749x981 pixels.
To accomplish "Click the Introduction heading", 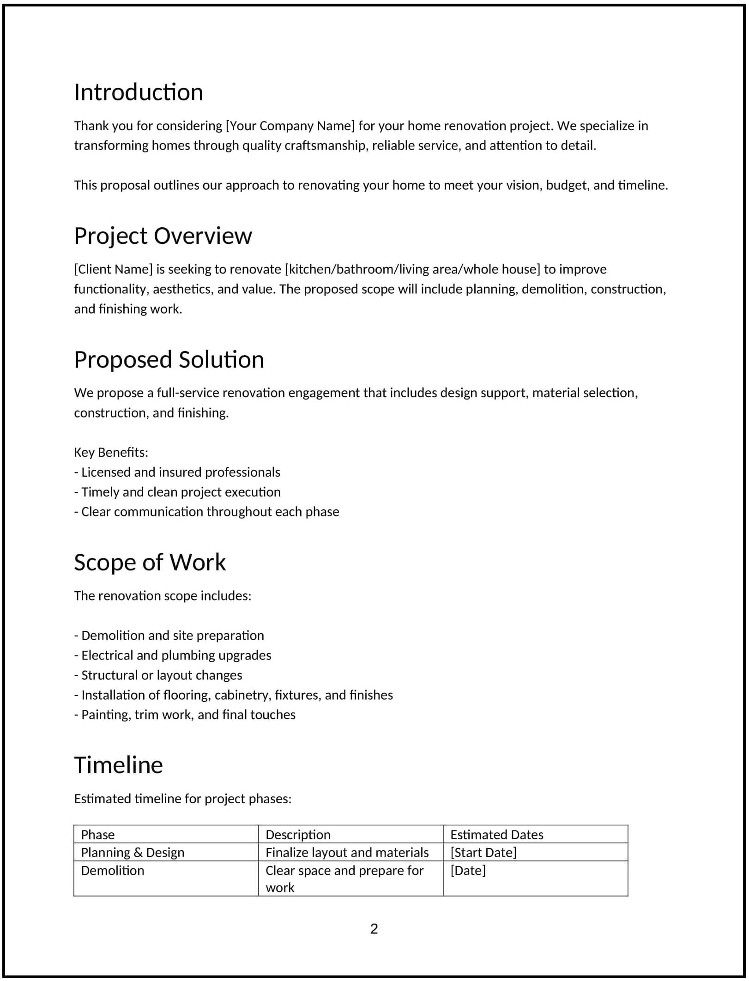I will pos(139,92).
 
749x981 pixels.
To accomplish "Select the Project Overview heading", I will pos(163,236).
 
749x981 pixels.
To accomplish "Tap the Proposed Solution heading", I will pos(169,360).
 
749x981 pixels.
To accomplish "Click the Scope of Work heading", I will pos(150,563).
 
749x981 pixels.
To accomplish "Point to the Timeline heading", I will pos(118,765).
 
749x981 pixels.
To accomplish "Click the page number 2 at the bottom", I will pos(374,929).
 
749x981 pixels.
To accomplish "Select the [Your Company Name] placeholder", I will pos(290,126).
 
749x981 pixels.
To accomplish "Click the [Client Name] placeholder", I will pos(113,269).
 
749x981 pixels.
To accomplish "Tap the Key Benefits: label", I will pos(111,452).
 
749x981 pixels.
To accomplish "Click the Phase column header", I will pos(98,835).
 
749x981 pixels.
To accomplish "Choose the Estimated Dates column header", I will pos(496,835).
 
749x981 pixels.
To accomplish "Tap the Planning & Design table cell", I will pos(133,853).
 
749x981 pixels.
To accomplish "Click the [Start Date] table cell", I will pos(483,853).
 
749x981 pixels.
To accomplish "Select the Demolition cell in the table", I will pos(113,871).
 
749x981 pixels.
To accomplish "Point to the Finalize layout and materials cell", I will pos(347,853).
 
